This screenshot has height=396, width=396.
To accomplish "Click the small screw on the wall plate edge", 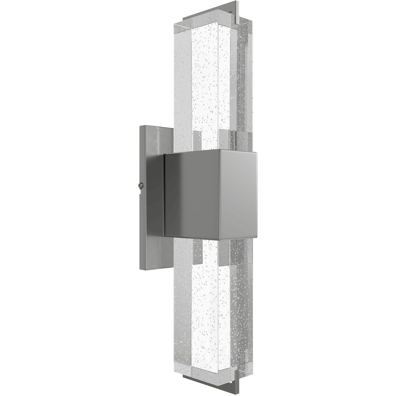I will (x=140, y=185).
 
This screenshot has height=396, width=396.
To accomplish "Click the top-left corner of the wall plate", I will (x=140, y=126).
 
